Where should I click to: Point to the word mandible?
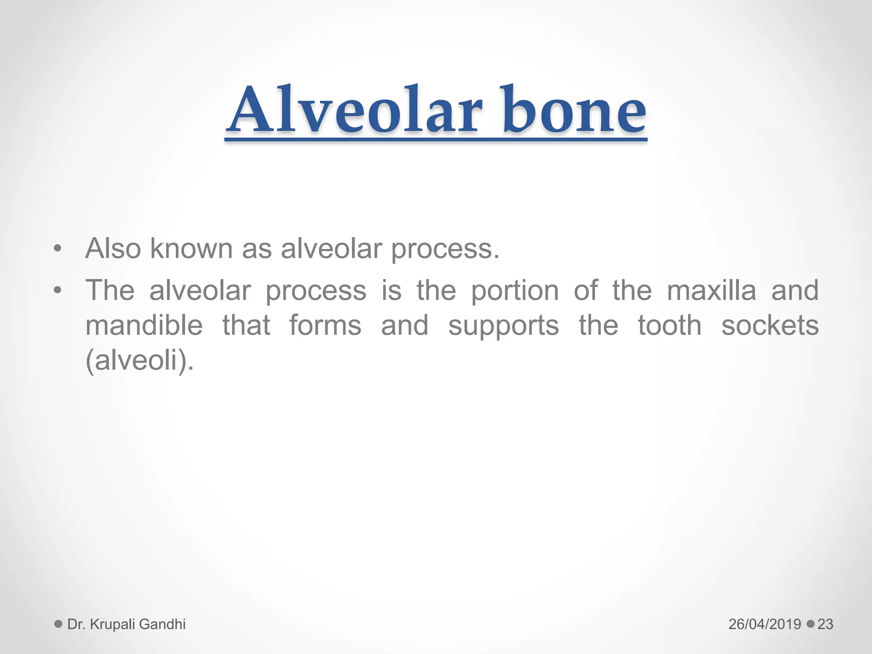pyautogui.click(x=144, y=326)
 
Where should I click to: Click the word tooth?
pyautogui.click(x=669, y=326)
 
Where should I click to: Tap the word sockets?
pyautogui.click(x=770, y=326)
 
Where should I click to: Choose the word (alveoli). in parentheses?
pyautogui.click(x=140, y=361)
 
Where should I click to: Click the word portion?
pyautogui.click(x=514, y=291)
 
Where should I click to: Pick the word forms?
pyautogui.click(x=325, y=326)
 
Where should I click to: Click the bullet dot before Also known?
pyautogui.click(x=58, y=249)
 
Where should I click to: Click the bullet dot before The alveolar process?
pyautogui.click(x=58, y=291)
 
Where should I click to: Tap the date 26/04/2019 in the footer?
pyautogui.click(x=765, y=624)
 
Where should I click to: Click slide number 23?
pyautogui.click(x=825, y=624)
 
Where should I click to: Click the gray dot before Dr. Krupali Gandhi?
pyautogui.click(x=58, y=624)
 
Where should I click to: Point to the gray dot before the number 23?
pyautogui.click(x=811, y=624)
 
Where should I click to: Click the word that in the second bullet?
pyautogui.click(x=246, y=326)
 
